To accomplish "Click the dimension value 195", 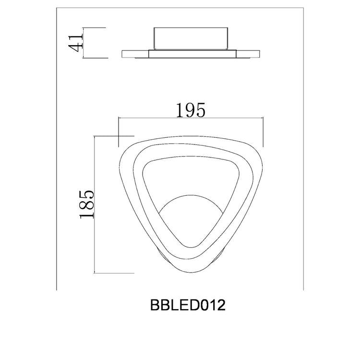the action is click(191, 110).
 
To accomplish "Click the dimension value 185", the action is click(87, 204).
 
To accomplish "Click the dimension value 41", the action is click(75, 42).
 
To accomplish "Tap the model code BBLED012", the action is click(188, 305).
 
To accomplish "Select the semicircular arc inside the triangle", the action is click(191, 195).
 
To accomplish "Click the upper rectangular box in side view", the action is click(191, 39).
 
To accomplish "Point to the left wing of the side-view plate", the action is click(135, 54).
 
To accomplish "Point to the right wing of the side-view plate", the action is click(248, 54).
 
